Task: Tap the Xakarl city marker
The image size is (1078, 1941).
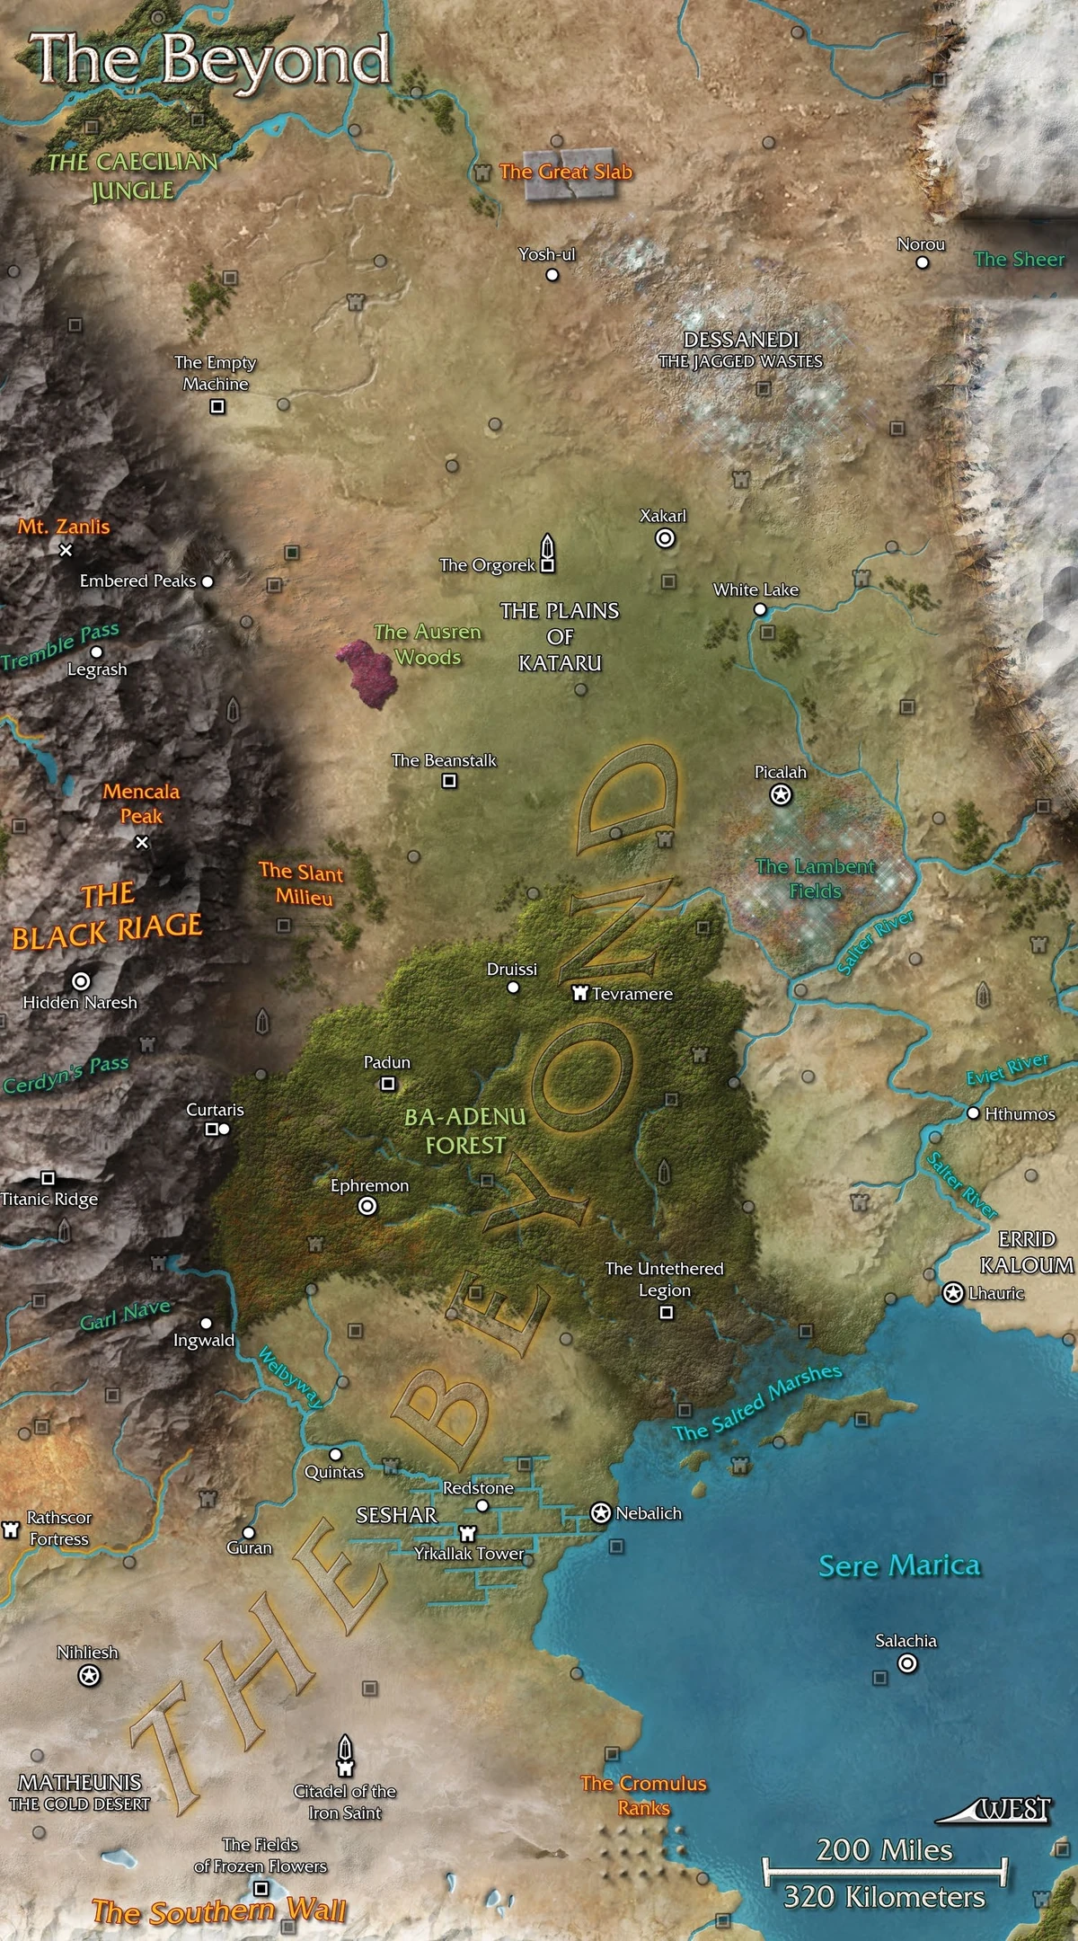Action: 665,538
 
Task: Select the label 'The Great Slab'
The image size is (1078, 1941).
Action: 565,172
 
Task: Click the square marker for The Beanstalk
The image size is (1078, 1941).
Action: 449,781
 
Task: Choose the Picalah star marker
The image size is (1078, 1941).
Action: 782,794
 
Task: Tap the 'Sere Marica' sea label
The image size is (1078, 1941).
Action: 898,1566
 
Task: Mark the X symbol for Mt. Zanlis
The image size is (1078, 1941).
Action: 66,550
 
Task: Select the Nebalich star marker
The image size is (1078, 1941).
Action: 600,1513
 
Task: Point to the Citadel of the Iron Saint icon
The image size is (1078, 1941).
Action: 345,1753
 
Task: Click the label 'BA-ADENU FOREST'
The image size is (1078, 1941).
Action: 465,1130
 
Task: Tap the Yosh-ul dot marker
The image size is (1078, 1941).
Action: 552,275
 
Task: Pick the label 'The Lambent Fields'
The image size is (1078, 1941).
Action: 816,879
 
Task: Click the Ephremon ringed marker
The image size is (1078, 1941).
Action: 367,1207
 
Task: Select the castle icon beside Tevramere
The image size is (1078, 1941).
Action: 580,993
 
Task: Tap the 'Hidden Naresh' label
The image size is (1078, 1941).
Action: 80,1002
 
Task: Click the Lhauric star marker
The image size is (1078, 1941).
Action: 952,1293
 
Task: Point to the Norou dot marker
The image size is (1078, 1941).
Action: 922,262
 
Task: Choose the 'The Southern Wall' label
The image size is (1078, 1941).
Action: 218,1911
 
